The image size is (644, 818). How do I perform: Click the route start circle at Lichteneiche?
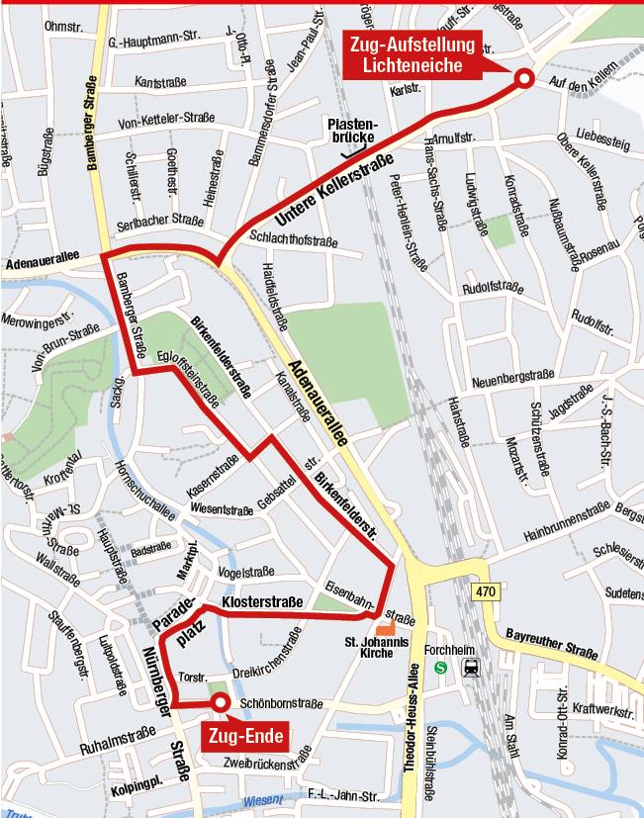point(523,80)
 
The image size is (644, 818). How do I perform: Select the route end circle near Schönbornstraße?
point(220,702)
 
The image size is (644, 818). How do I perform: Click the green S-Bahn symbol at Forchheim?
point(441,668)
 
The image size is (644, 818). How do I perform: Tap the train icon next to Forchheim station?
point(472,668)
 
